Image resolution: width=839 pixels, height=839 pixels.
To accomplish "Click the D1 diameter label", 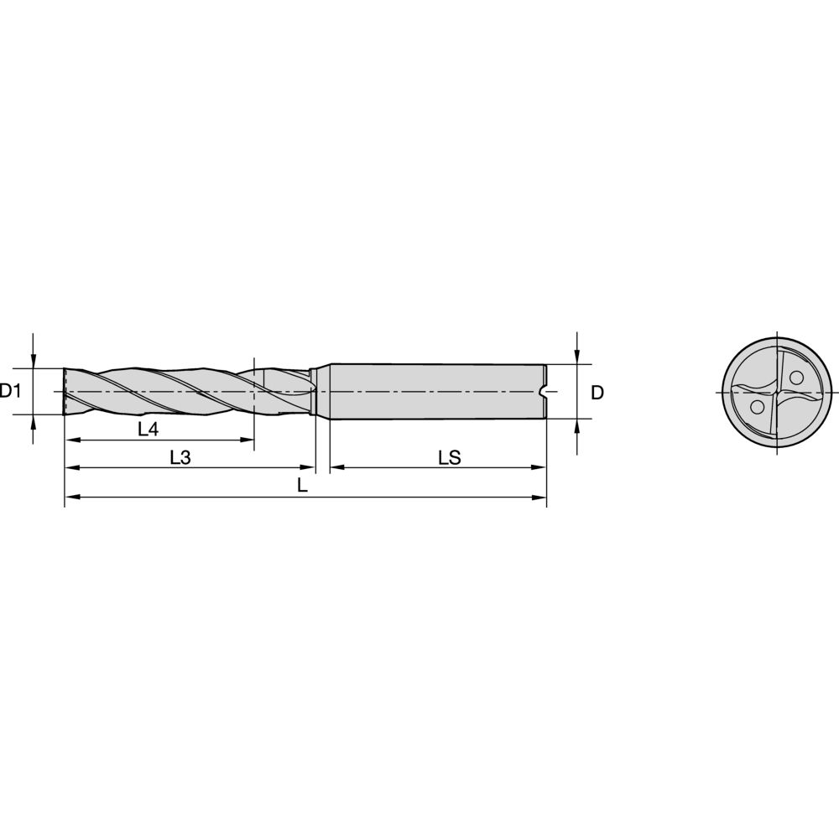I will click(x=9, y=391).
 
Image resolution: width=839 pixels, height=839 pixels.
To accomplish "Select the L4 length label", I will click(x=148, y=429).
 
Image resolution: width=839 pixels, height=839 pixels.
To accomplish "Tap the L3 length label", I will click(x=180, y=457).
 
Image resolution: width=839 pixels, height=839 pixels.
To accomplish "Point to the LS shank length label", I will click(x=449, y=457).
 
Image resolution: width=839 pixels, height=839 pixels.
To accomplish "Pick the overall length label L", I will click(x=302, y=486).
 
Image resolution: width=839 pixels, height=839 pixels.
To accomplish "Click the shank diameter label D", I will click(x=597, y=392).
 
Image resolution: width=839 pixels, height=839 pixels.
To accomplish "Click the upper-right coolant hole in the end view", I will click(x=795, y=377).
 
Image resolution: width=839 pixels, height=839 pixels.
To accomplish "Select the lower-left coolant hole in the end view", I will click(x=758, y=407).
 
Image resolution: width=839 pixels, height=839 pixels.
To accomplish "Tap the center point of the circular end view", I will click(x=778, y=392).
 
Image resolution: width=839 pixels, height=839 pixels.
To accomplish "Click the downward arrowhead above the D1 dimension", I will click(x=34, y=362).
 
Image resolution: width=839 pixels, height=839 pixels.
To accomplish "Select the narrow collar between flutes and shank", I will click(x=314, y=392).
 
